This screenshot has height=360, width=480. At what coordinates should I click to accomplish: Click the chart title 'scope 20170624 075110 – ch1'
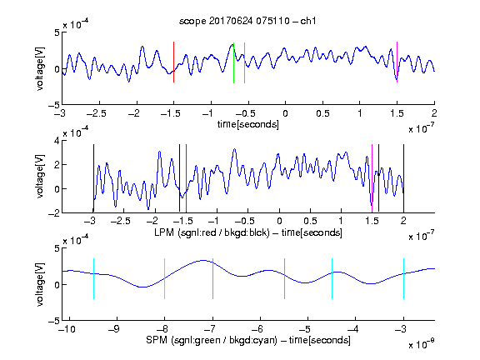[247, 21]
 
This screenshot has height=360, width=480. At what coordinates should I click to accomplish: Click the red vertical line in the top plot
[173, 62]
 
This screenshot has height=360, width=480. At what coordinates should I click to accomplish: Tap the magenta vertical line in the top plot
[397, 62]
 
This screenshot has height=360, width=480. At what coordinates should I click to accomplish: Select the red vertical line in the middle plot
[186, 178]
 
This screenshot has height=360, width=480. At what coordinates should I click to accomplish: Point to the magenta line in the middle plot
[372, 178]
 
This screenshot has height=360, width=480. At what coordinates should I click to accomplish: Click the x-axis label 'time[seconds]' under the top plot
[248, 124]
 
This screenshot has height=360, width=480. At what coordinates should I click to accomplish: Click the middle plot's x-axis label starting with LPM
[248, 232]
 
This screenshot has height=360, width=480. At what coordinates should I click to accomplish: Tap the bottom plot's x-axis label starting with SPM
[248, 340]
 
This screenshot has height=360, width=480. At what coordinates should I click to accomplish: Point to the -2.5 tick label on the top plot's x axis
[96, 113]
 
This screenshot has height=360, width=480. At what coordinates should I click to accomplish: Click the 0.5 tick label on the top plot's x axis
[322, 113]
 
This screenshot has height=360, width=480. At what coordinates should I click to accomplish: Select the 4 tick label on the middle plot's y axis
[57, 141]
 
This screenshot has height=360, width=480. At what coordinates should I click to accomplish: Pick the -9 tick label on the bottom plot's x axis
[114, 329]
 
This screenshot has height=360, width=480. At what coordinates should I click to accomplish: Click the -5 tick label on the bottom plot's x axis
[305, 329]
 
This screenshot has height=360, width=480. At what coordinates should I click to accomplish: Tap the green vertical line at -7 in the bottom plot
[212, 278]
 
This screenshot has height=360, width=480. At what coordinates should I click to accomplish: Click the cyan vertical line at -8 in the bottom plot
[164, 278]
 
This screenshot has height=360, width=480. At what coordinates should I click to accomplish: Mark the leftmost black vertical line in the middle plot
[93, 178]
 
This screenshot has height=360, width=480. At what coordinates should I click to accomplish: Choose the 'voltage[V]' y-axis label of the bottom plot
[40, 284]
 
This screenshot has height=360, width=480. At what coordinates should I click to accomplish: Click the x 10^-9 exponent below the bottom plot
[422, 344]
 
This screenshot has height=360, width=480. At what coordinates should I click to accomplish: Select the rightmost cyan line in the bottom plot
[403, 278]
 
